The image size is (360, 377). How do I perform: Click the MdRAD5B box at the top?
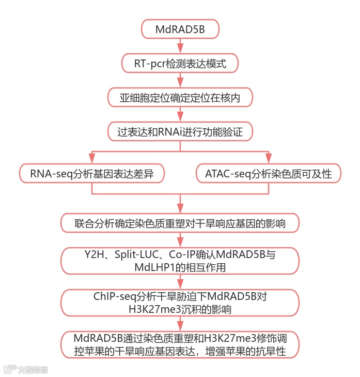click(x=180, y=29)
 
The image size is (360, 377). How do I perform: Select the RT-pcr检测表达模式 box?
click(x=180, y=64)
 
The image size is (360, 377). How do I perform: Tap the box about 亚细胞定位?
click(x=180, y=97)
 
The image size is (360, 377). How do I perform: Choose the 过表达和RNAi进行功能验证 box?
click(x=180, y=131)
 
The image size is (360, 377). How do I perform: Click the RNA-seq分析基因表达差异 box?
click(x=92, y=174)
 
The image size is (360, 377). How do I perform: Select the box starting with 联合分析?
click(x=180, y=223)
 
